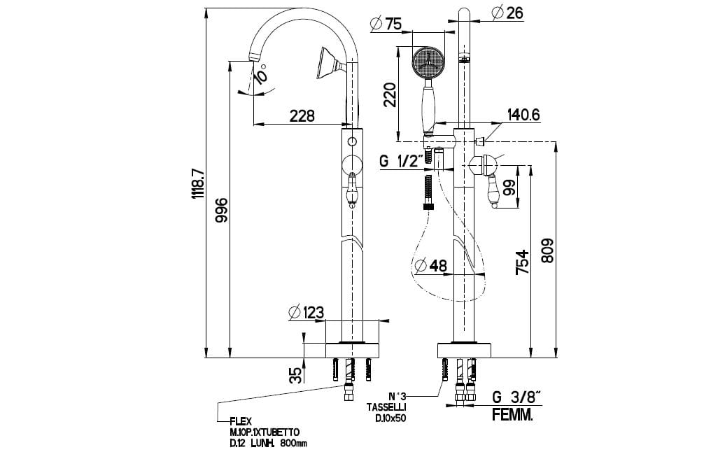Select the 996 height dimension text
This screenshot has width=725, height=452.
click(x=221, y=209)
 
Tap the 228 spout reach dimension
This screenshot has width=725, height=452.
click(x=302, y=115)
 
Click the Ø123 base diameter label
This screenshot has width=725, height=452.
click(x=306, y=312)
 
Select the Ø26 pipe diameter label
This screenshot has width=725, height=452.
click(x=508, y=13)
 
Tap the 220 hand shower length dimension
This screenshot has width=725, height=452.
click(x=390, y=94)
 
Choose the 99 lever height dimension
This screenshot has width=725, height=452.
click(x=509, y=187)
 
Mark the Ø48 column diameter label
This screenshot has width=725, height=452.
click(x=430, y=266)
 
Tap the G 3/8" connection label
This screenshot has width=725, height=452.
click(x=516, y=397)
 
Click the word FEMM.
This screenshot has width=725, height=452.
click(x=512, y=415)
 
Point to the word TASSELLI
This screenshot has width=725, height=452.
click(x=386, y=407)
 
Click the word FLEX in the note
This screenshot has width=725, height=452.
click(x=239, y=422)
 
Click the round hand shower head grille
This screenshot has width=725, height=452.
click(x=425, y=62)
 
